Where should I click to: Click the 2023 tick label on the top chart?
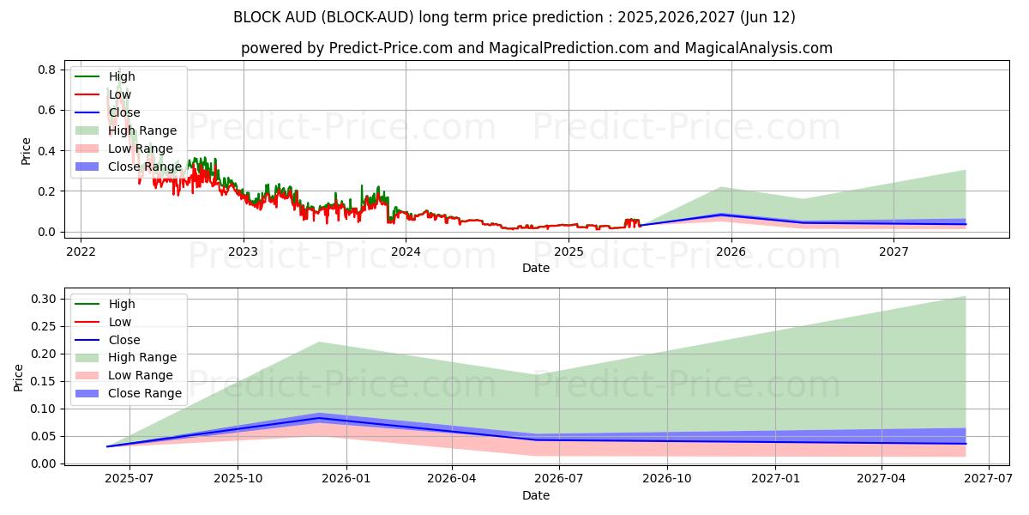(243, 251)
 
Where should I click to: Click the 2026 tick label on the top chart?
(731, 251)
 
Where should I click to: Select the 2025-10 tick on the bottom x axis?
(238, 479)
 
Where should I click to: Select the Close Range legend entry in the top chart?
(144, 167)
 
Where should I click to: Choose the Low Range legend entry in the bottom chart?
(141, 375)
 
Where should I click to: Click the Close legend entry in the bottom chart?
(124, 340)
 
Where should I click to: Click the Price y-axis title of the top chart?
(26, 151)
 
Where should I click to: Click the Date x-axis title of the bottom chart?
(536, 495)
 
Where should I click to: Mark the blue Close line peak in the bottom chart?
(318, 418)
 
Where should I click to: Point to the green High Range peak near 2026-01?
(318, 342)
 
